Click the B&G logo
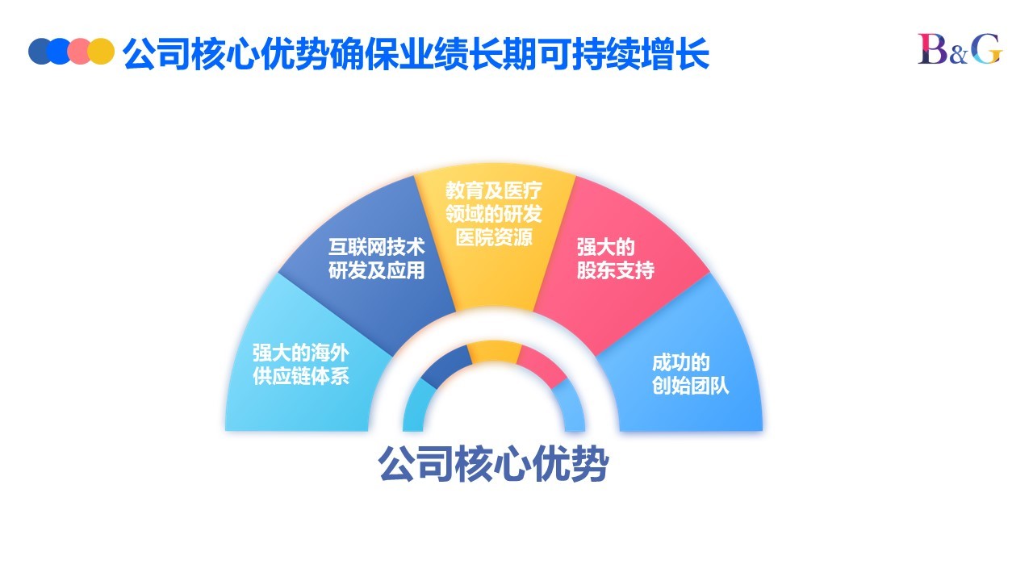[960, 49]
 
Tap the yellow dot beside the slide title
[102, 51]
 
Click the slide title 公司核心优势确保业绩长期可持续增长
[416, 54]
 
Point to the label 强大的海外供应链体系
[301, 365]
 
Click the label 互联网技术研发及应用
[376, 259]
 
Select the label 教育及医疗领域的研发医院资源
[493, 214]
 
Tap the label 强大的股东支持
[615, 259]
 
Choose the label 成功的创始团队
[690, 374]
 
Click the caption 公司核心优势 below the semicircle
[493, 464]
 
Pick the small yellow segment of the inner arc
[494, 351]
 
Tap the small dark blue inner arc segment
[446, 366]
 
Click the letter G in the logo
[987, 49]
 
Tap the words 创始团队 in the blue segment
[690, 386]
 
